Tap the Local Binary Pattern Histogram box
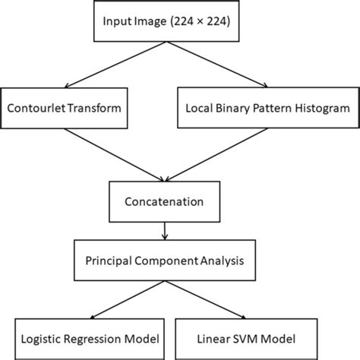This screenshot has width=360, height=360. [x=267, y=108]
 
